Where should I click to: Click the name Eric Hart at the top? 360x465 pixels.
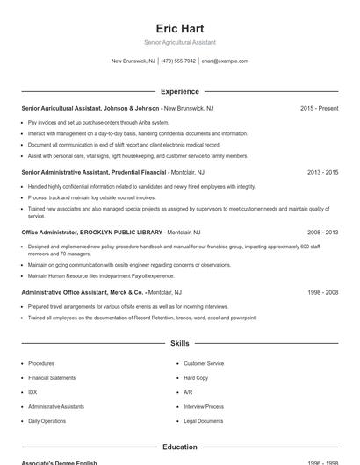179,28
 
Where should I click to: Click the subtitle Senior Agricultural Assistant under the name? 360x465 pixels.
179,42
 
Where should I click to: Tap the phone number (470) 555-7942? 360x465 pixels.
178,61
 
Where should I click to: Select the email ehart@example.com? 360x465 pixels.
225,61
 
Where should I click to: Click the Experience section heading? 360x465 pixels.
179,91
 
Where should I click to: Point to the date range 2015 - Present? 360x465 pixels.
319,108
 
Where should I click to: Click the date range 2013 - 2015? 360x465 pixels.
322,173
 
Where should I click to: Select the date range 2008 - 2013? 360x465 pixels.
322,232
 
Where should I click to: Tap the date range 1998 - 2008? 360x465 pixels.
322,292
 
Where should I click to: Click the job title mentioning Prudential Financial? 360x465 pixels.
94,173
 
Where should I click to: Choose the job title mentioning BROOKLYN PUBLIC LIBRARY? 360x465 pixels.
92,232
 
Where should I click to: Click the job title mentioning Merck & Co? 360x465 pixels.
83,292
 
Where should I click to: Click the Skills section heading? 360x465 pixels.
179,343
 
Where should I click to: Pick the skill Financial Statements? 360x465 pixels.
52,377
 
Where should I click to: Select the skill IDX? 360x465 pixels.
32,392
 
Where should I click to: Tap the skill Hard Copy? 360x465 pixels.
196,377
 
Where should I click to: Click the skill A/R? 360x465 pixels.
188,392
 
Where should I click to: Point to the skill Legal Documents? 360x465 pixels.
203,421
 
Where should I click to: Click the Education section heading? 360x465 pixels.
179,447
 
